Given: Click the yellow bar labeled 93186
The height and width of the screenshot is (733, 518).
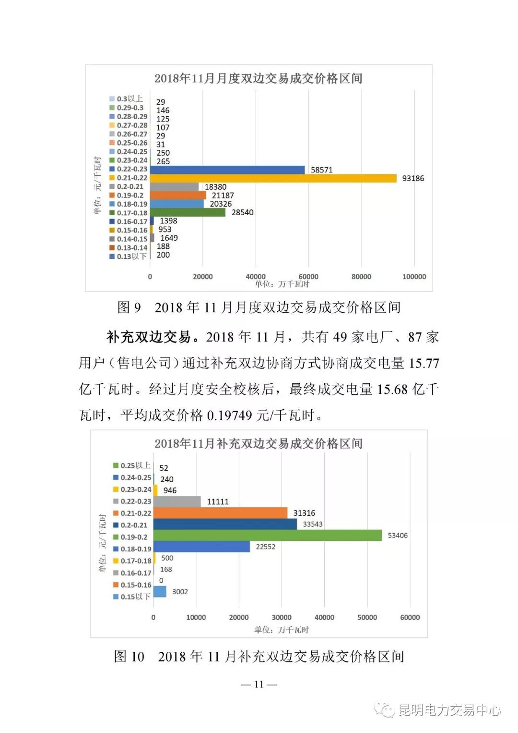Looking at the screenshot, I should (273, 178).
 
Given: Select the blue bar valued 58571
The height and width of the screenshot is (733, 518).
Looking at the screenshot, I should (227, 170).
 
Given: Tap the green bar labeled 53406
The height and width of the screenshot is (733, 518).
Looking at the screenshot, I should (268, 535).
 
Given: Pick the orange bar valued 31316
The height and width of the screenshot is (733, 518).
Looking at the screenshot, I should (221, 513).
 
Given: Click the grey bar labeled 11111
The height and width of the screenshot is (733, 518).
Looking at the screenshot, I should (177, 501).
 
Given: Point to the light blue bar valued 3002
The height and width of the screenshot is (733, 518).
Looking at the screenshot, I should (160, 591).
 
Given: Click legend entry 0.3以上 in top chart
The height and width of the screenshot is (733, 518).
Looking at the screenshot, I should (126, 99).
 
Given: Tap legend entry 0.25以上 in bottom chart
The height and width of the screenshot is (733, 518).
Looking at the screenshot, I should (132, 465).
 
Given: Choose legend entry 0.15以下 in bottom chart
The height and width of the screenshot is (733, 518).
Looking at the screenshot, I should (132, 597).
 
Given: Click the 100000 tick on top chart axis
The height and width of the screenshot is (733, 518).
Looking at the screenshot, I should (414, 277).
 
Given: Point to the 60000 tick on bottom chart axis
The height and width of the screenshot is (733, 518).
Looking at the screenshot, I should (410, 617).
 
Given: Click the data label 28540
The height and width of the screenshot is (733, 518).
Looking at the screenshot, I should (242, 212).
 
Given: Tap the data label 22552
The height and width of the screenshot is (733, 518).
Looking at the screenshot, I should (265, 547).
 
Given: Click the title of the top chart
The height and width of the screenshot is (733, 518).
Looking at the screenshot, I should (258, 78).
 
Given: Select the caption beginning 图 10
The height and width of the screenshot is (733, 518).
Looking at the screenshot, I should (259, 656).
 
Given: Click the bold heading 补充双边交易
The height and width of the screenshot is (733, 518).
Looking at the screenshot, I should (149, 337).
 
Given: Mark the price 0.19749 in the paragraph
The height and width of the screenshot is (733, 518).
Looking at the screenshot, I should (229, 415).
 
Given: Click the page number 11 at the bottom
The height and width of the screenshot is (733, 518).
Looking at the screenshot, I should (259, 684).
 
